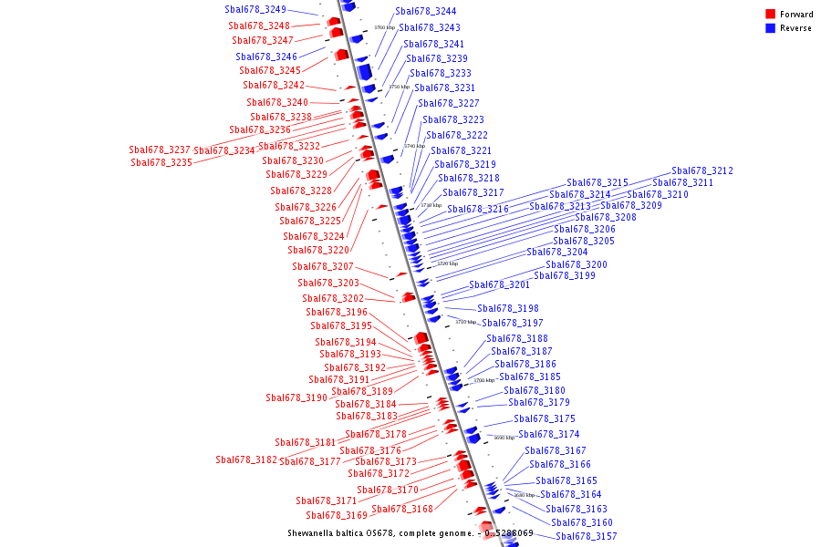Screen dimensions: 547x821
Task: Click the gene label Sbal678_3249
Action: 255,9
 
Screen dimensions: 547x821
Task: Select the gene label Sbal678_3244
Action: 426,11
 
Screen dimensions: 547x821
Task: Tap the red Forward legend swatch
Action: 770,14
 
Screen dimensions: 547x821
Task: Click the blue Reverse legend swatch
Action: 770,28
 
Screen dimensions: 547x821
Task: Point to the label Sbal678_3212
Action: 702,170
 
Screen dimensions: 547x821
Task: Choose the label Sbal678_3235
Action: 161,162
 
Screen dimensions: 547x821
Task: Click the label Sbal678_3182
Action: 246,459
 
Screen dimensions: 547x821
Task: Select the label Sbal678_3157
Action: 587,536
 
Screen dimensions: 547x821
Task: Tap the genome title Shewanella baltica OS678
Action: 379,532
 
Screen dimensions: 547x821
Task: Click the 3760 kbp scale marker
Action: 384,27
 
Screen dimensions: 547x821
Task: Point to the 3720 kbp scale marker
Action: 447,263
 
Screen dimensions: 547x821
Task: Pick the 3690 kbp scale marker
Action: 504,438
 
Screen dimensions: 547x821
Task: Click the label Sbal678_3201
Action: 500,284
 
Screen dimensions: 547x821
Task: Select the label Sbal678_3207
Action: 323,266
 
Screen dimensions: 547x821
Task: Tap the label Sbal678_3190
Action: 296,397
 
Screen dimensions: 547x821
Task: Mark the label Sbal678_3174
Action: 549,434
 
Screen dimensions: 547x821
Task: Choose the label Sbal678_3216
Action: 478,209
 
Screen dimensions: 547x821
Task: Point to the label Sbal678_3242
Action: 274,85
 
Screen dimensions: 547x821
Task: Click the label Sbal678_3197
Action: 513,323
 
